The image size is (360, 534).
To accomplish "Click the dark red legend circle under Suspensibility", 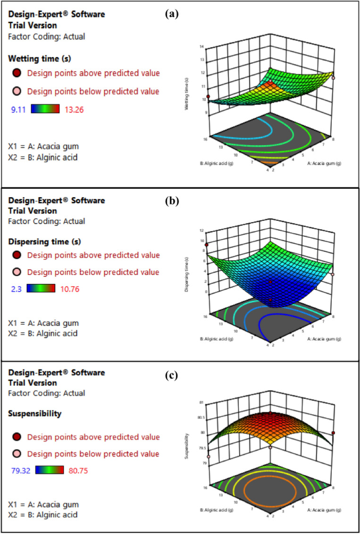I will click(17, 437).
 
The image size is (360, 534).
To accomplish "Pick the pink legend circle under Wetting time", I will click(17, 91).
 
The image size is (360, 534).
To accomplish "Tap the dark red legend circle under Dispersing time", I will click(17, 256).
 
